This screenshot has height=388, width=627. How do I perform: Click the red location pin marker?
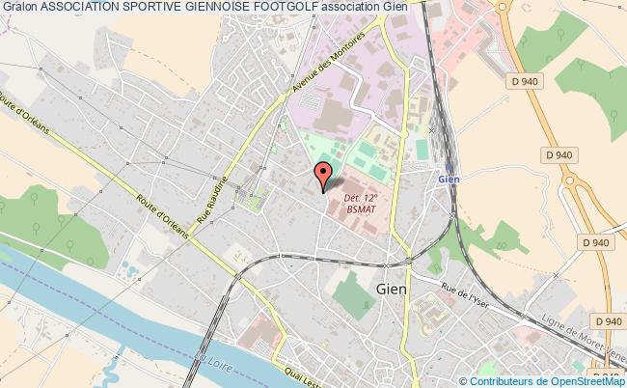pos(323,175)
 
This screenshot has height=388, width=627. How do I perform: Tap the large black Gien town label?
pos(392,287)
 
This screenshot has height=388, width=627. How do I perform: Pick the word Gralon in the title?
pos(19,8)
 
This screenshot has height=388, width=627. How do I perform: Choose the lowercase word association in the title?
pos(352,8)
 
